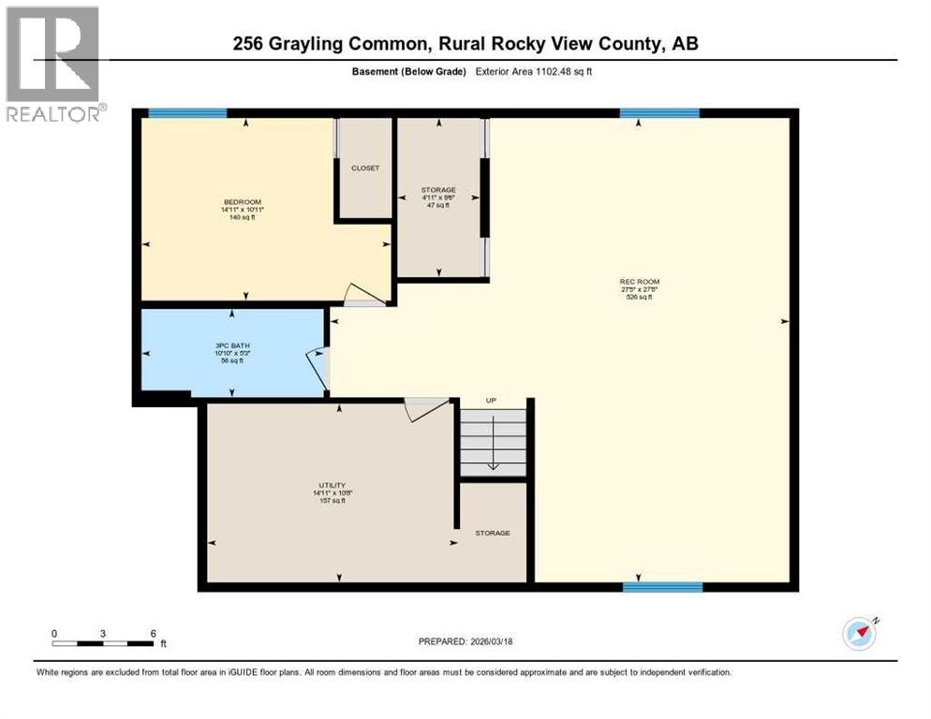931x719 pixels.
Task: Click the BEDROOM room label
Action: point(242,201)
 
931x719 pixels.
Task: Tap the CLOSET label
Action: point(365,169)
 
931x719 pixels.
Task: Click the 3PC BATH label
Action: point(232,345)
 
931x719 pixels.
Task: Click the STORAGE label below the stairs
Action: point(492,533)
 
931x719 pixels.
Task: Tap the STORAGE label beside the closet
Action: point(438,190)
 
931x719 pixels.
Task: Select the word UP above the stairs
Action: point(490,401)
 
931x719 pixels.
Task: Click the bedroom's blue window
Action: point(187,113)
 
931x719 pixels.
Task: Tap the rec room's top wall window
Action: point(659,113)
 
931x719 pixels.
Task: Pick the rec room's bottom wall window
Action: point(663,587)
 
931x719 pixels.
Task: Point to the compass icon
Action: point(860,634)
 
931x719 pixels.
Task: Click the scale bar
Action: point(103,642)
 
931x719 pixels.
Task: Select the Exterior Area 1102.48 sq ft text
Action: point(537,71)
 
